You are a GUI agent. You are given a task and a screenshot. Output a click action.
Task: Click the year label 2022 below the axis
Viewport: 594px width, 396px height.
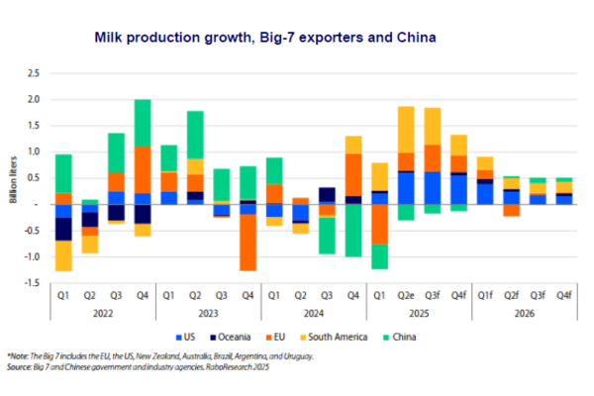coord(102,312)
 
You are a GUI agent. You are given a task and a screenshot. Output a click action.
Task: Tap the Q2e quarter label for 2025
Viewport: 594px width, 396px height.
coord(407,295)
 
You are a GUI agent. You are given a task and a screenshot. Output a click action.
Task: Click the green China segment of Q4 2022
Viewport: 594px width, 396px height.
coord(143,123)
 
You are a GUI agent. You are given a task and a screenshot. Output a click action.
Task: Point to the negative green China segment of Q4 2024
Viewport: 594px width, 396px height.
coord(353,230)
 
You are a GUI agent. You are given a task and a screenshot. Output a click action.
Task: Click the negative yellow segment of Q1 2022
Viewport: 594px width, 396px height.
coord(63,255)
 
